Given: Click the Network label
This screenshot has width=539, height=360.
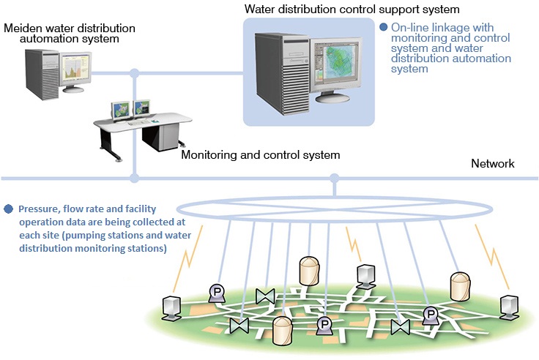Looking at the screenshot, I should coord(492,163).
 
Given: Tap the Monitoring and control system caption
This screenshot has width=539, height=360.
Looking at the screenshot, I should coord(260,155).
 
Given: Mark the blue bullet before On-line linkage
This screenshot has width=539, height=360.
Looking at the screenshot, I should coord(383,26).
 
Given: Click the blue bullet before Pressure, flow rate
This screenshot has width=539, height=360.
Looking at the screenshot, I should coord(8,209).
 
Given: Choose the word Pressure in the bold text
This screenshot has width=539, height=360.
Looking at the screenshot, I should coord(38,209).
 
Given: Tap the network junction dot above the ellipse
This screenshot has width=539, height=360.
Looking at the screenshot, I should coord(335,177).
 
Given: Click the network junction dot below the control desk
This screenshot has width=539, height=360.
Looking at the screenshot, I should coord(134,177).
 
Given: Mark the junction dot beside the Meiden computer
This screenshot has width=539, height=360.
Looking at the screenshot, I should coord(134,72).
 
